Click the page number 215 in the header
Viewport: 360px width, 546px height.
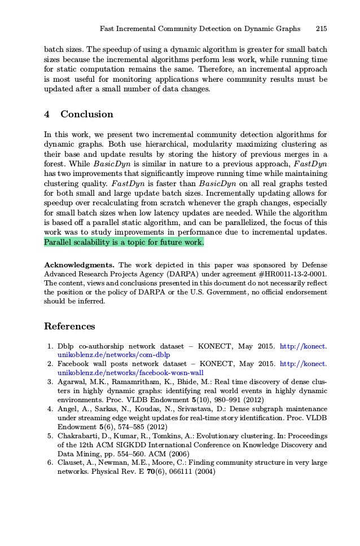point(322,28)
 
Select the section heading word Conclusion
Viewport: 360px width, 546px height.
point(87,115)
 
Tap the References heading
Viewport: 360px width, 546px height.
point(69,327)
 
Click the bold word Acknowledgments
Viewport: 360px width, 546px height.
point(80,265)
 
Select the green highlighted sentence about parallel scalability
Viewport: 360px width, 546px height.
point(124,243)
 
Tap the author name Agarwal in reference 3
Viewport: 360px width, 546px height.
point(74,382)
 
